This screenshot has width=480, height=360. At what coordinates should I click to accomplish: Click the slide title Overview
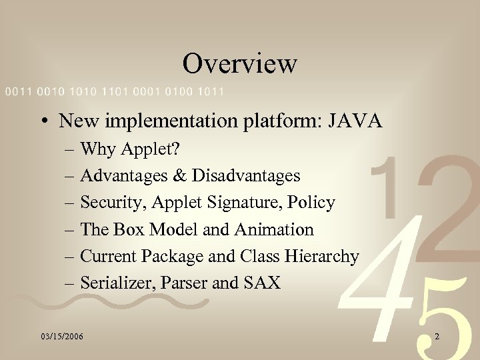coord(239,64)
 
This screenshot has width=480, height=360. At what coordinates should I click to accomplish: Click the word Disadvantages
coord(245,176)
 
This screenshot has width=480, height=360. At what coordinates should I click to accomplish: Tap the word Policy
coord(313,203)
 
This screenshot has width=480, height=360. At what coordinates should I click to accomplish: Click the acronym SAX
coord(262,283)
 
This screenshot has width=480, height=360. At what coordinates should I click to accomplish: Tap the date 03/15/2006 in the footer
coord(61,337)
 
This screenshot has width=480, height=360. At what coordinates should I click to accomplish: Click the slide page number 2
coord(437,337)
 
